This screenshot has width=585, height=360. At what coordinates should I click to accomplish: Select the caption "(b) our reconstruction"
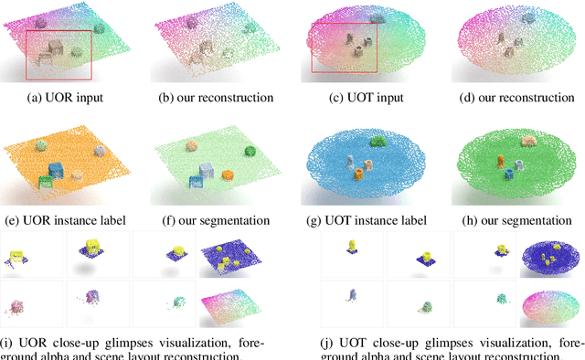(x=210, y=97)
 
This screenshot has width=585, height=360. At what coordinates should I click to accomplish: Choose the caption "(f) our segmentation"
(x=210, y=220)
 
